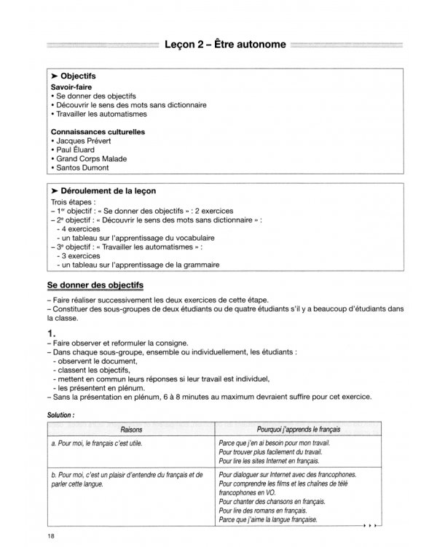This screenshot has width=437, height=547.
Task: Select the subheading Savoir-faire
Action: point(71,86)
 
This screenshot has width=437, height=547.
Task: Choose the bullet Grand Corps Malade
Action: point(92,159)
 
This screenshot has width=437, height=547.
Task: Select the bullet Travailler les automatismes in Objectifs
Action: point(101,114)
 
